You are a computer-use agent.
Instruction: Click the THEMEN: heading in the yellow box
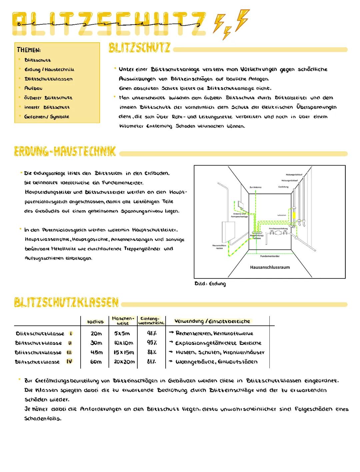click(29, 50)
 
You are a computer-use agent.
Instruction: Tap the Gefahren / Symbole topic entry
click(47, 117)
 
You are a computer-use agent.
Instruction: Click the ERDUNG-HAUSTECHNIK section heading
click(65, 152)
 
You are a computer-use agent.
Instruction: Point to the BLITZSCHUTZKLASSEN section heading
click(66, 302)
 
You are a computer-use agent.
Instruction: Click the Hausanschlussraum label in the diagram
click(270, 267)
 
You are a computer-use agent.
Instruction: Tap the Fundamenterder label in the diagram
click(270, 256)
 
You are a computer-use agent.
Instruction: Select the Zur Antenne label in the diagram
click(255, 187)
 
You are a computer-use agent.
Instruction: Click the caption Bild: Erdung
click(210, 284)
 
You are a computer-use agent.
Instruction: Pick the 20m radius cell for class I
click(96, 333)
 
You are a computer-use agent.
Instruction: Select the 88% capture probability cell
click(152, 352)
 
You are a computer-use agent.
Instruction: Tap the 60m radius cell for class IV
click(96, 362)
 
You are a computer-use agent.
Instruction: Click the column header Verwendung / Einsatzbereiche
click(212, 321)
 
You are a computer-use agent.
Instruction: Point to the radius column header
click(95, 322)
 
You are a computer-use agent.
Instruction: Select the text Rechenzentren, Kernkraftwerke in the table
click(214, 333)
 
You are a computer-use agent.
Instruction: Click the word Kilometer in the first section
click(131, 126)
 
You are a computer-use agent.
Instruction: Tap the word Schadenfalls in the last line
click(43, 419)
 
